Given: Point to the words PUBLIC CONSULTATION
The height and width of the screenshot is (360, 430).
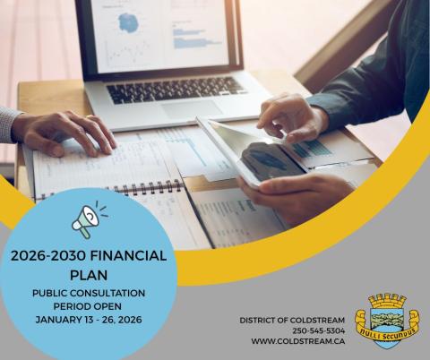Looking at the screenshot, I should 89,293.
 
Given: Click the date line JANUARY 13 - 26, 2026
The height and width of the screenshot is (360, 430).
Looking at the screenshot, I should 89,319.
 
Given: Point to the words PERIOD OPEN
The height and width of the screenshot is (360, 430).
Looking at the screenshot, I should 89,305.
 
